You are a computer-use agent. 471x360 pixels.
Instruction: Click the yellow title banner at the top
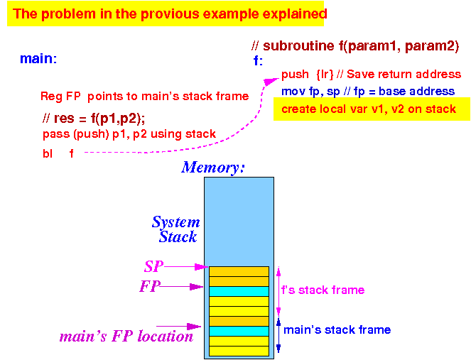pos(166,13)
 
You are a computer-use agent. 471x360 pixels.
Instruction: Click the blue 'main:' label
pos(38,58)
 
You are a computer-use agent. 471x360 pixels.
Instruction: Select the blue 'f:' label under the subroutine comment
pos(258,60)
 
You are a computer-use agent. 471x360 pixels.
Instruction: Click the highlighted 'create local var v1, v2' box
pos(372,109)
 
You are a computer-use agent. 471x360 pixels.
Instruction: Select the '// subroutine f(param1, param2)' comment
pos(355,46)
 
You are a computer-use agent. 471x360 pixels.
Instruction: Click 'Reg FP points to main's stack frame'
pos(144,96)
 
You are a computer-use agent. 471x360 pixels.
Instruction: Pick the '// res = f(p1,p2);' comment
pos(94,119)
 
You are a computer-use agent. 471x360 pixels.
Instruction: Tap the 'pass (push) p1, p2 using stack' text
pos(129,134)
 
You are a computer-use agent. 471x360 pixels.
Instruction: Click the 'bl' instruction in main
pos(48,153)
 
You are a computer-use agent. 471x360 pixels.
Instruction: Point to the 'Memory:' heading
pos(213,168)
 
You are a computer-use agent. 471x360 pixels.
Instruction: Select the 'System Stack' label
pos(176,229)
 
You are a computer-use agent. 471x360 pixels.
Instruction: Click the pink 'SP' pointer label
pos(153,266)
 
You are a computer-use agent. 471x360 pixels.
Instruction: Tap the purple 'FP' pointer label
pos(150,286)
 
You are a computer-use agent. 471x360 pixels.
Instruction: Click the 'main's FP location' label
pos(126,337)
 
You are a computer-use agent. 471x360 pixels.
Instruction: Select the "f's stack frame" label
pos(323,290)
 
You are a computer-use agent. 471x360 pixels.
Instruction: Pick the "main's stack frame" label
pos(337,329)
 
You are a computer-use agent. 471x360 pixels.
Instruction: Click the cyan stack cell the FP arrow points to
pos(239,291)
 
